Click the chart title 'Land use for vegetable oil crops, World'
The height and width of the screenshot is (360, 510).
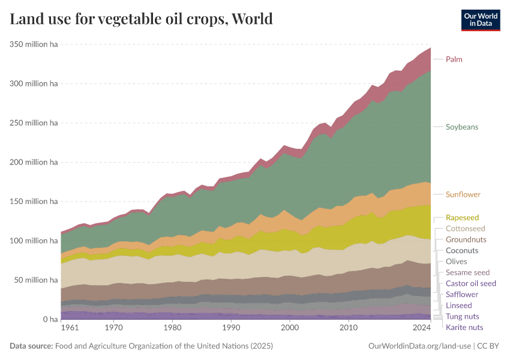click(142, 19)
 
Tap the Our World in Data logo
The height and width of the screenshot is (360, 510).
click(480, 19)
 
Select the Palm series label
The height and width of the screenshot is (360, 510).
click(454, 59)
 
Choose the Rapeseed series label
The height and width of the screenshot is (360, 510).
click(462, 218)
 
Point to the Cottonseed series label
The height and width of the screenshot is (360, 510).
click(465, 229)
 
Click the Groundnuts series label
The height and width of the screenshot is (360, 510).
click(466, 239)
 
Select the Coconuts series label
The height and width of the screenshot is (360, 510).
click(462, 250)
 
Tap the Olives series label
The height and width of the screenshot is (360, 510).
click(456, 262)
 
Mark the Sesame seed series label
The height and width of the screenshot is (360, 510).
click(467, 272)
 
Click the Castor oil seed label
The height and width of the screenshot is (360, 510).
click(470, 283)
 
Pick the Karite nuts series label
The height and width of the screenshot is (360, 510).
click(464, 327)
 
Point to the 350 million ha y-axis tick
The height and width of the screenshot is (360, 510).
click(33, 44)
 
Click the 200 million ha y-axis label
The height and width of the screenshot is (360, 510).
click(33, 162)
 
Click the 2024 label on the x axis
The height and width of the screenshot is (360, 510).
click(422, 329)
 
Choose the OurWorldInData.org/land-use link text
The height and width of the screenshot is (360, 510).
click(419, 346)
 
